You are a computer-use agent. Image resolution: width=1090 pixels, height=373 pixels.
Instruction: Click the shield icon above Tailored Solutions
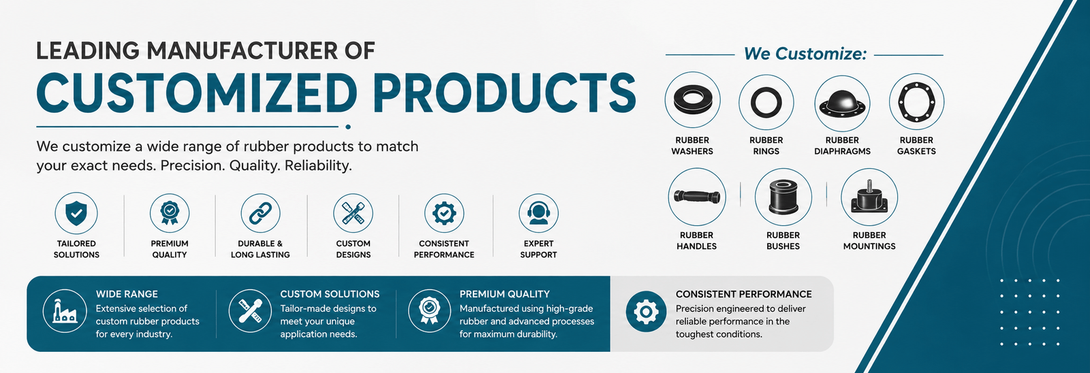click(x=76, y=214)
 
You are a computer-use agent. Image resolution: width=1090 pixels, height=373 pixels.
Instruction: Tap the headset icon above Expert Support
click(x=538, y=214)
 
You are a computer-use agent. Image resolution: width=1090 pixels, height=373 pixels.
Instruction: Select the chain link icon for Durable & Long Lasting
click(x=260, y=214)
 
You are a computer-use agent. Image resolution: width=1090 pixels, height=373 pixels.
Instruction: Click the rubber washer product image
click(x=692, y=99)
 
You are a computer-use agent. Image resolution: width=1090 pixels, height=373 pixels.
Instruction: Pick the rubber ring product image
click(x=766, y=103)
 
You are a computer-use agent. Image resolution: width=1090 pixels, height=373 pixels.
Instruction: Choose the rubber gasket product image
click(x=916, y=102)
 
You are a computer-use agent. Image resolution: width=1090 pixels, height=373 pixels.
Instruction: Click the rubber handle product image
click(x=696, y=197)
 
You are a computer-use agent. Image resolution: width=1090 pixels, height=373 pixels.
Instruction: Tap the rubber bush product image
click(x=783, y=197)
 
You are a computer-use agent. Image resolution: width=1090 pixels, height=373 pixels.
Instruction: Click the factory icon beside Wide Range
click(x=65, y=311)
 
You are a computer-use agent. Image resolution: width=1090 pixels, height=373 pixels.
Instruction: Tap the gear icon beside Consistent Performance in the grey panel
click(x=646, y=311)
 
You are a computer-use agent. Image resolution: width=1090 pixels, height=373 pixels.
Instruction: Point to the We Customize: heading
click(x=805, y=54)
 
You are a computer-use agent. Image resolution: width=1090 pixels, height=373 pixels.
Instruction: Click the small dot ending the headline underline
click(x=348, y=127)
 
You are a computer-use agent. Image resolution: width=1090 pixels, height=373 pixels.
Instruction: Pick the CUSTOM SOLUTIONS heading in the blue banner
click(x=330, y=294)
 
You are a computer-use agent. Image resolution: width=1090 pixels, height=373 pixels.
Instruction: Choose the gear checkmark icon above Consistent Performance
click(x=443, y=214)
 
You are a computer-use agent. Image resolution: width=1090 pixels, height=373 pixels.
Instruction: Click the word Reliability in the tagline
click(x=317, y=166)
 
